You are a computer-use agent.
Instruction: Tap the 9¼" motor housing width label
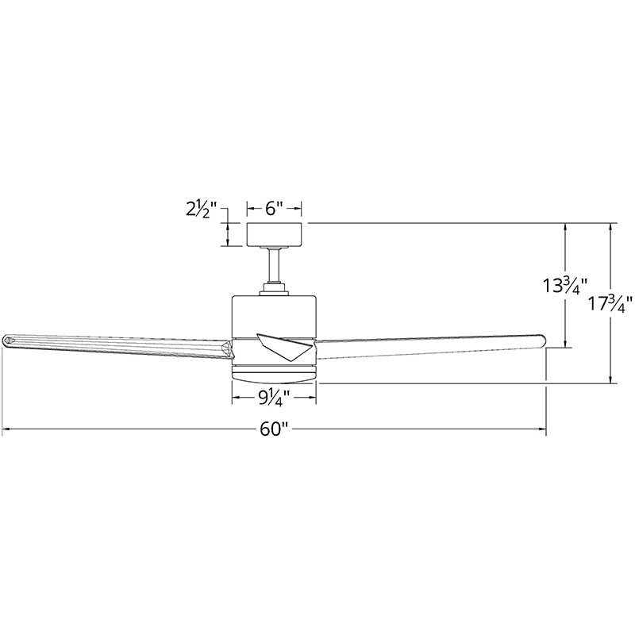pyautogui.click(x=275, y=398)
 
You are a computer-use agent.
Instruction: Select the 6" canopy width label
pyautogui.click(x=274, y=209)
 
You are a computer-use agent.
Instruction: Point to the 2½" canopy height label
pyautogui.click(x=202, y=210)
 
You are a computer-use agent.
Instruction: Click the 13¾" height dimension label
pyautogui.click(x=565, y=286)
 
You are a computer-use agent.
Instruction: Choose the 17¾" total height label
pyautogui.click(x=610, y=303)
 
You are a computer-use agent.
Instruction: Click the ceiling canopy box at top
pyautogui.click(x=274, y=234)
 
